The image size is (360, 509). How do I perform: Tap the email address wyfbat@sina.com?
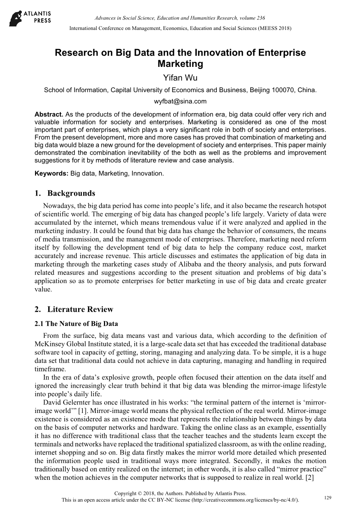[x=180, y=101]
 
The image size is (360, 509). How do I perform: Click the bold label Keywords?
[x=52, y=173]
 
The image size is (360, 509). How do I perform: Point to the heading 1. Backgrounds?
[x=65, y=193]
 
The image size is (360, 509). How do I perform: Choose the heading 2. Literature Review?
[x=74, y=310]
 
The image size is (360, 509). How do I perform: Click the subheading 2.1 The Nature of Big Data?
[x=76, y=324]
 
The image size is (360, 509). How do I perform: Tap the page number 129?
[x=327, y=498]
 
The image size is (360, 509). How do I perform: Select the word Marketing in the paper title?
[x=180, y=64]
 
